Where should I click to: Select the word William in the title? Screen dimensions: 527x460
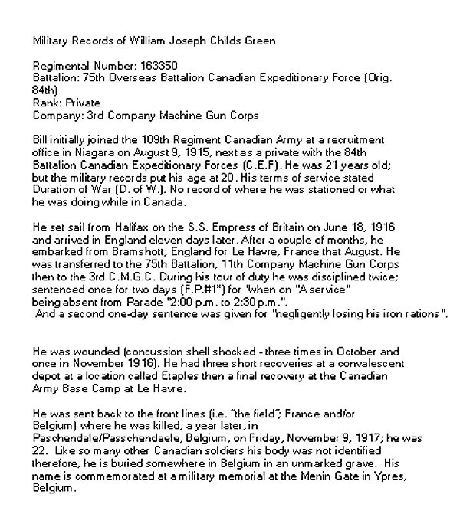133,40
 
